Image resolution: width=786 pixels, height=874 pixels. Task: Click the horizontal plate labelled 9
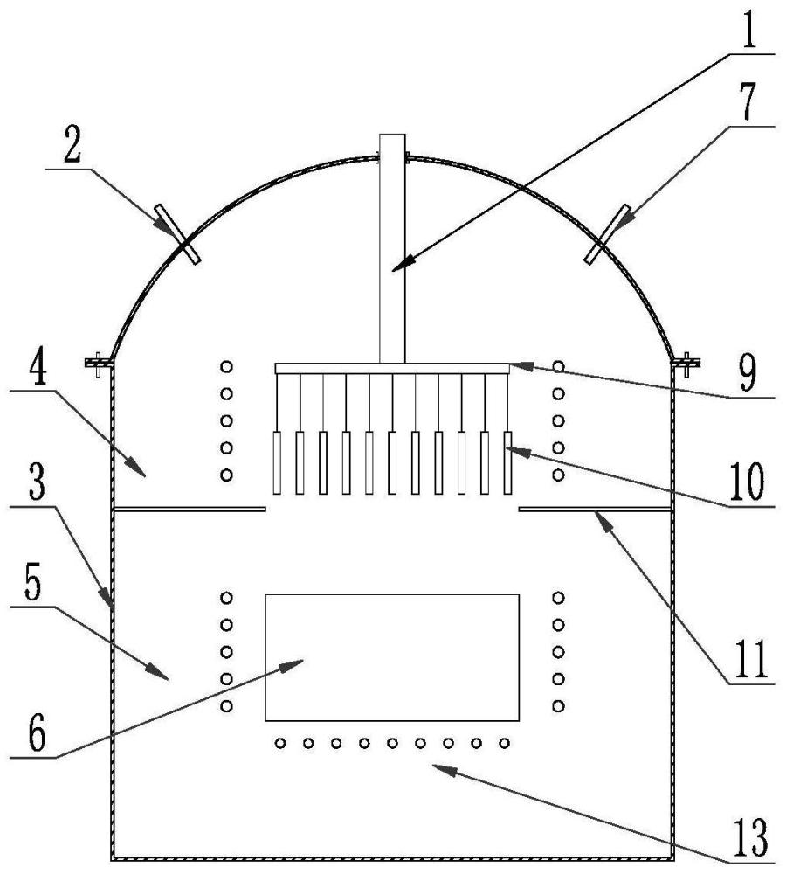click(392, 369)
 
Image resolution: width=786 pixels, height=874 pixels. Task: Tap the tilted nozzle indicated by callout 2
click(179, 233)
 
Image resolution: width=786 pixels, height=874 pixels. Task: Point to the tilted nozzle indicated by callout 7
click(609, 232)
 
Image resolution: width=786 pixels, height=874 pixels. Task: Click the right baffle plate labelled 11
click(596, 507)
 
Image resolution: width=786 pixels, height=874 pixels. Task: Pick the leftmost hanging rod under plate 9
click(278, 462)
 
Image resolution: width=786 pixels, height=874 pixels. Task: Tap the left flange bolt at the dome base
click(99, 360)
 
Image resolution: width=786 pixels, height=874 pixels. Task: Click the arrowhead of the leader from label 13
click(437, 766)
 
